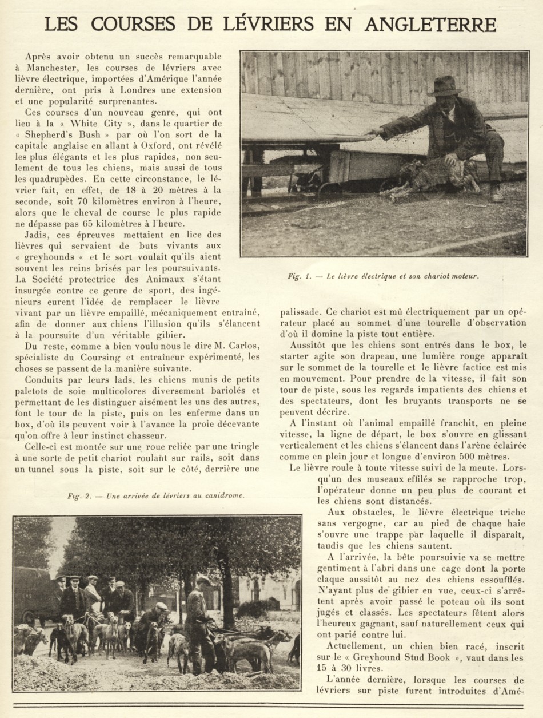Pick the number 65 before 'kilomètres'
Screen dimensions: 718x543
pos(89,223)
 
